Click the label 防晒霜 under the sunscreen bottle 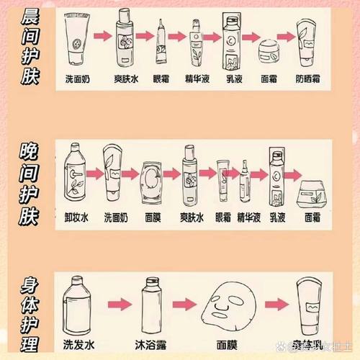click(x=312, y=78)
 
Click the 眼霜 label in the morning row click(x=161, y=78)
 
